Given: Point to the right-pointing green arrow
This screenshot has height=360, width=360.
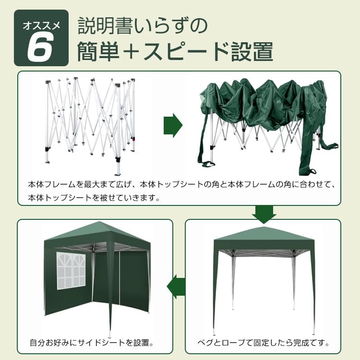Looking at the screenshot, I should point(173,126).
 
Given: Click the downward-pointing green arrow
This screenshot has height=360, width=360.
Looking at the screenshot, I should point(264,214).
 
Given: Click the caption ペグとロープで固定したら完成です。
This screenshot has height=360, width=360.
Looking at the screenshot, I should point(264,343).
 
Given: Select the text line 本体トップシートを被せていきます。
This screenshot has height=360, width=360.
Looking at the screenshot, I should point(94,197).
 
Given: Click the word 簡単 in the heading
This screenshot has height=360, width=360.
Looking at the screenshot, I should point(98,51).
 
